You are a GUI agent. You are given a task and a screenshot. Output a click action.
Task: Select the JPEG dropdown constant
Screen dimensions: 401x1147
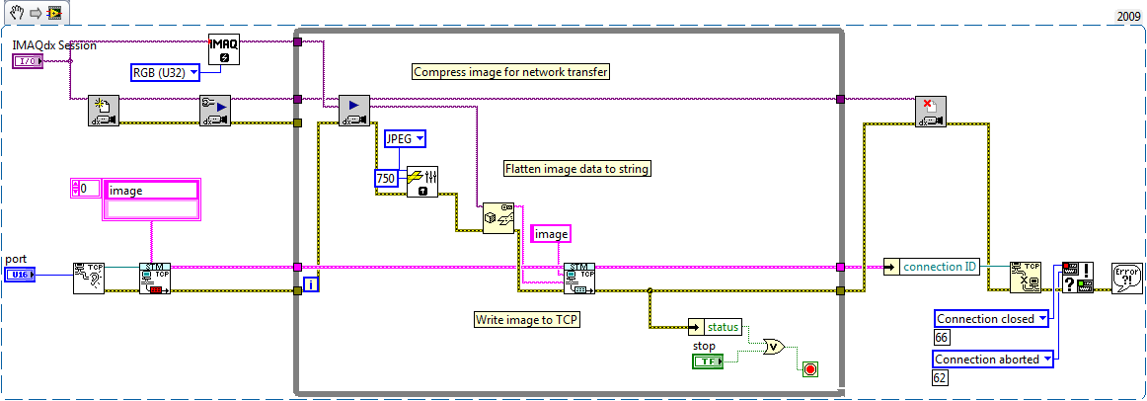405,138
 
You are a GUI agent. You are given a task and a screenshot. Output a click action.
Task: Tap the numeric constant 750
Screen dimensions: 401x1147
386,179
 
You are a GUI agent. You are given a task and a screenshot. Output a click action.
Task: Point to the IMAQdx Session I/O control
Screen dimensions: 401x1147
28,61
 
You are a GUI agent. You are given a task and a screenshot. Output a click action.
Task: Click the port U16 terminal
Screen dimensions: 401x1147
21,274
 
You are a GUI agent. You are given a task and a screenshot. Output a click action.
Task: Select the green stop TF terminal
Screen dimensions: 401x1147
708,361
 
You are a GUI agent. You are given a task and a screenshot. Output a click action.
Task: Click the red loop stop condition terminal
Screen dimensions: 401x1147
810,369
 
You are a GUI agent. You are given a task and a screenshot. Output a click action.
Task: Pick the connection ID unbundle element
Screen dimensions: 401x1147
931,267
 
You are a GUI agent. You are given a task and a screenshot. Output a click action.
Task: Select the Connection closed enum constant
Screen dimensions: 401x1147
990,318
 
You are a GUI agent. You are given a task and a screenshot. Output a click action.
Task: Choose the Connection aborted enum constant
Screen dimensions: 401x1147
992,360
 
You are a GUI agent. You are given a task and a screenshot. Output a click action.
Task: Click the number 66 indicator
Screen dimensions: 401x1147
941,338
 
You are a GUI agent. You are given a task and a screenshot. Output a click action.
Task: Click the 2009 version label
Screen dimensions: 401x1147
1128,16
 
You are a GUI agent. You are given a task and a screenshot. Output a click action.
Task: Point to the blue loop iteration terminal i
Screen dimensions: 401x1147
311,285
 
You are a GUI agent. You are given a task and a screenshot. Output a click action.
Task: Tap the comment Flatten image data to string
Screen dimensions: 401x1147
576,169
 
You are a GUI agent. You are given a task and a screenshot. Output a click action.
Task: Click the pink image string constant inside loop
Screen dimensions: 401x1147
551,234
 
